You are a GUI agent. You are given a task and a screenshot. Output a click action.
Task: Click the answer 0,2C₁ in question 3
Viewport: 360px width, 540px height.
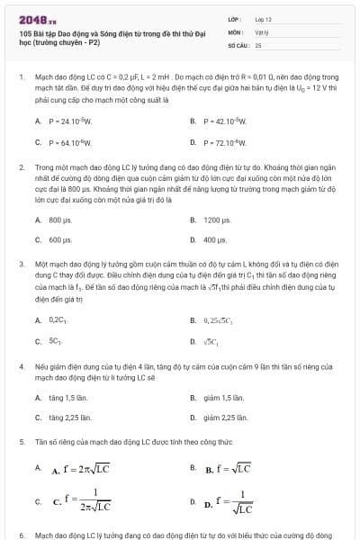point(58,319)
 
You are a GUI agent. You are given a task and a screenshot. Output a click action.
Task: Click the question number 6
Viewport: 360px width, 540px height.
point(21,534)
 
